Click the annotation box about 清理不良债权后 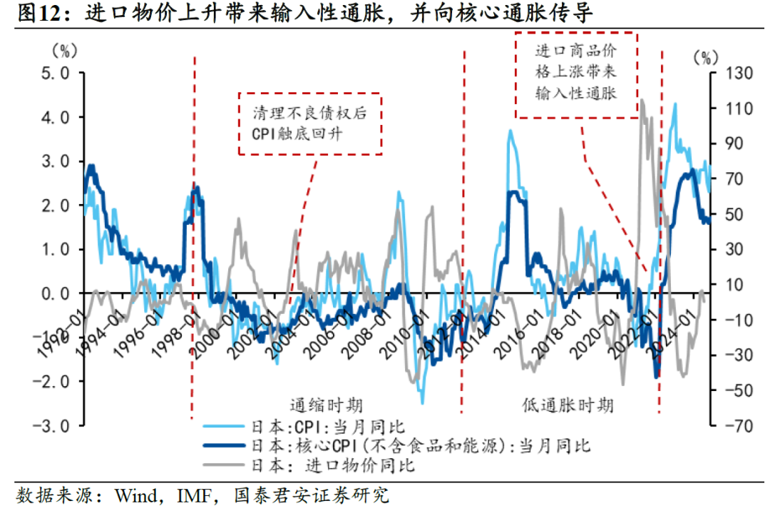click(309, 123)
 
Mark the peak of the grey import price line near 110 click(642, 101)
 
